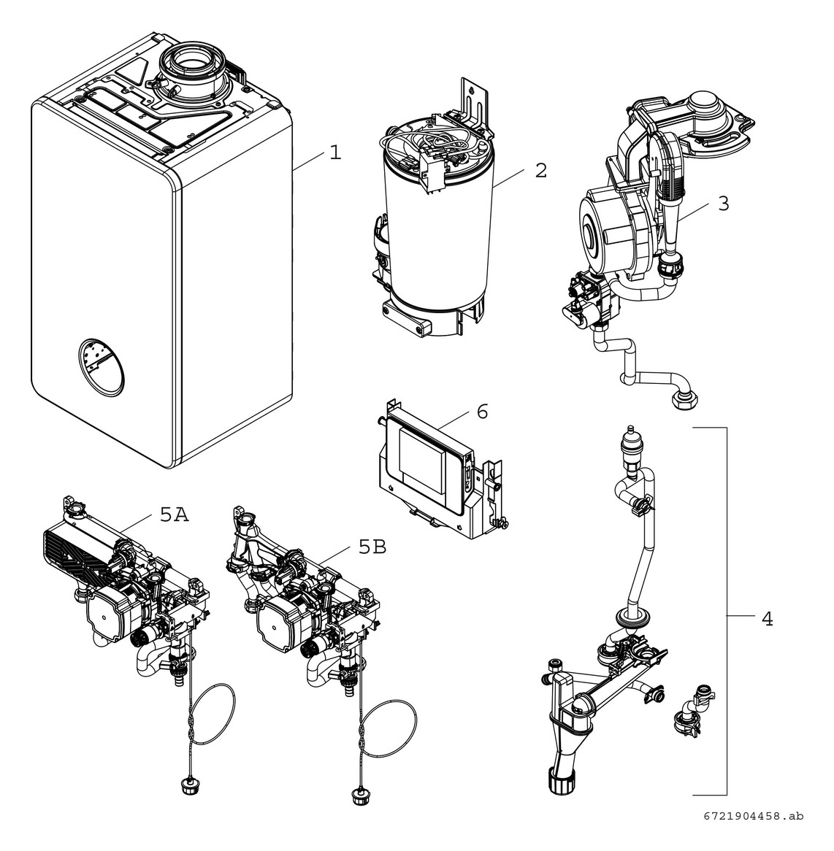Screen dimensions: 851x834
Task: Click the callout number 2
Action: (540, 171)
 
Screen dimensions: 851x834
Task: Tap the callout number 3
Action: (722, 203)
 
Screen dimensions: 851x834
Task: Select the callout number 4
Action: (766, 619)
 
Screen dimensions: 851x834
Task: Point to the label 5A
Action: (174, 515)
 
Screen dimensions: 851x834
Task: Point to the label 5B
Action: (372, 547)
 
